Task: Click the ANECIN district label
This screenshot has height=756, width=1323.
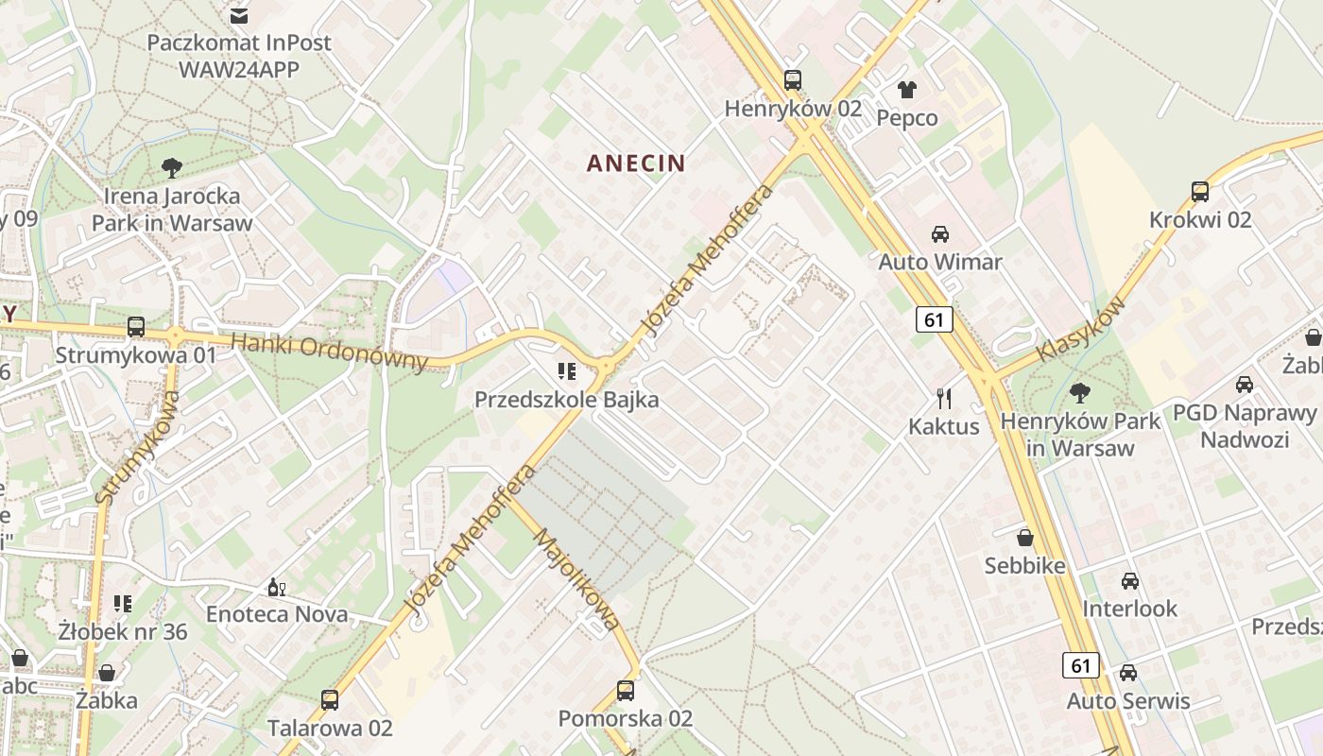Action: (636, 163)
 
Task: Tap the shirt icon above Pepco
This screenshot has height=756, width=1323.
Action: (907, 90)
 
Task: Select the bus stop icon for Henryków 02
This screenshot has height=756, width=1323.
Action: (793, 80)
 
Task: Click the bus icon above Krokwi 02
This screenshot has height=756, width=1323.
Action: (1200, 192)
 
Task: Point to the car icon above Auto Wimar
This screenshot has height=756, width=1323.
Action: (940, 233)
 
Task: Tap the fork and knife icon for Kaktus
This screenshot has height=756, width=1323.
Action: (944, 398)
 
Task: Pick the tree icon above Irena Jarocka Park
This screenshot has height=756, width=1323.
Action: (172, 168)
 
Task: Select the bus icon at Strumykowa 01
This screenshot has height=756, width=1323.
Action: (136, 327)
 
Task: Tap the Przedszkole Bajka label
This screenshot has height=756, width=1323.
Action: (566, 400)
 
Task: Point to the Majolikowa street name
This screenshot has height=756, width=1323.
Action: (577, 579)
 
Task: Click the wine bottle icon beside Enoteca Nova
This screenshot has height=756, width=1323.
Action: (277, 588)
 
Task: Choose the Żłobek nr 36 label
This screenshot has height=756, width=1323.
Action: (123, 631)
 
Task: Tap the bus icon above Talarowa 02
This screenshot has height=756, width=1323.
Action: (330, 700)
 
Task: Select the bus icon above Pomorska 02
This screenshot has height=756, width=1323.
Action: (626, 691)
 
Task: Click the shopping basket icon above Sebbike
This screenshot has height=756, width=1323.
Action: (1025, 539)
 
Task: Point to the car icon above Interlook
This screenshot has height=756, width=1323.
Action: (1130, 580)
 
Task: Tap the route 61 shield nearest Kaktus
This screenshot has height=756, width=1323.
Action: (934, 320)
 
